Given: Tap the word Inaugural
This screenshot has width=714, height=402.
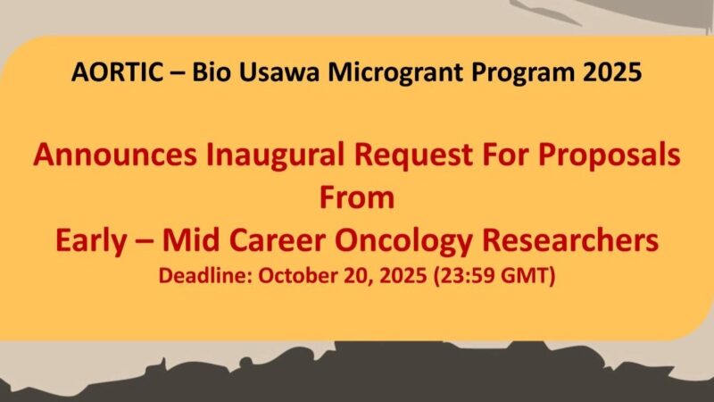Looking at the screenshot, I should (x=266, y=157).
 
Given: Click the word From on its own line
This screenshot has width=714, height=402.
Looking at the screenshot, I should (x=357, y=197).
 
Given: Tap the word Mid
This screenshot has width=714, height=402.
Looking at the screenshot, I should (x=203, y=240).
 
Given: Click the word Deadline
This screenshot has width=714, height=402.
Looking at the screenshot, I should (x=204, y=275).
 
